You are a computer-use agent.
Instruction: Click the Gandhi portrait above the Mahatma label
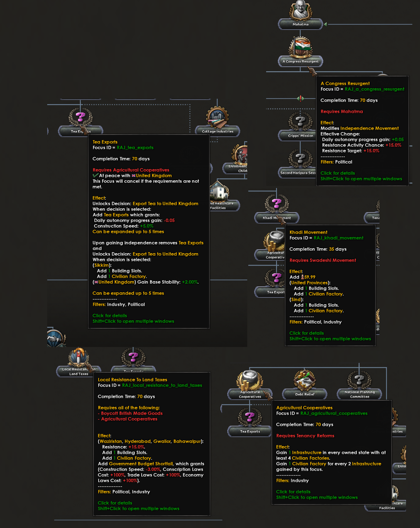300,10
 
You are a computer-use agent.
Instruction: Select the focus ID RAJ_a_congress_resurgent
375,89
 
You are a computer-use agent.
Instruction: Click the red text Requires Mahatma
342,111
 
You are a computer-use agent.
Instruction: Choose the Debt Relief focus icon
305,380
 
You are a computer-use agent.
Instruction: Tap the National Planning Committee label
360,394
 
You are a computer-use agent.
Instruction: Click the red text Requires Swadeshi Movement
323,260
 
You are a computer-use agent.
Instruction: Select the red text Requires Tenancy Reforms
305,436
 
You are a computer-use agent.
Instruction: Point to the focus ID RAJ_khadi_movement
339,238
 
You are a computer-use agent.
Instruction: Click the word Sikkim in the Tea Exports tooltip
101,265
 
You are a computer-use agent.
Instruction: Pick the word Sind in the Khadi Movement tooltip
296,300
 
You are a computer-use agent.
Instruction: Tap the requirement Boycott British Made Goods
131,414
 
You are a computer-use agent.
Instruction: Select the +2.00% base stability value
190,282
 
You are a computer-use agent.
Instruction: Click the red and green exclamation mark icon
301,98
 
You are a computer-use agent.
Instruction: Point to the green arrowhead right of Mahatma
326,24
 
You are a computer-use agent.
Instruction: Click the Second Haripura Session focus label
298,173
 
